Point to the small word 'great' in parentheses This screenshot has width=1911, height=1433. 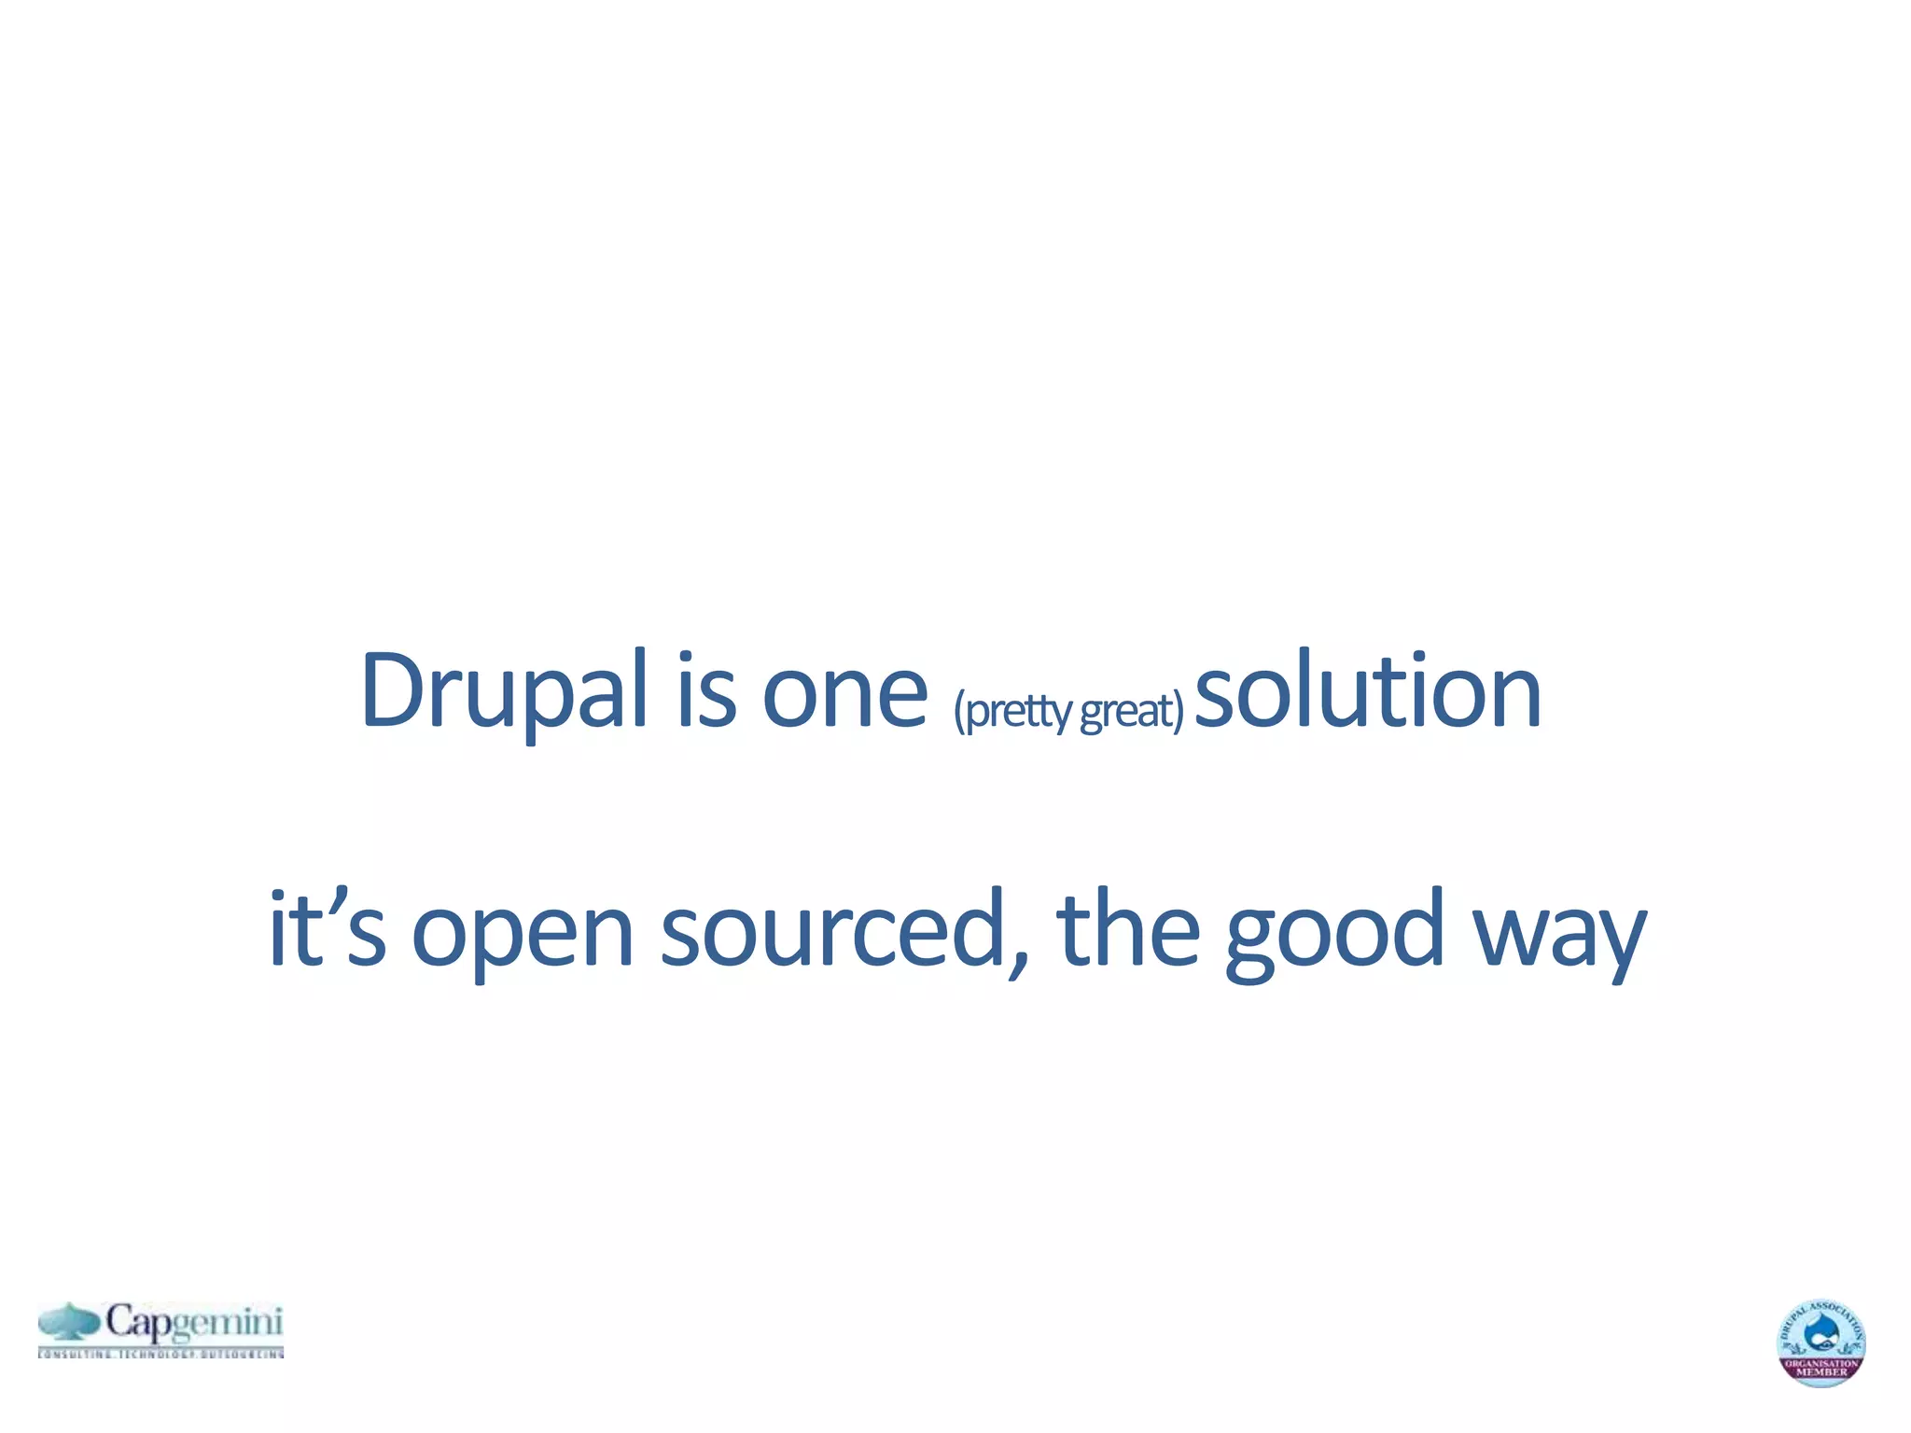pyautogui.click(x=1126, y=711)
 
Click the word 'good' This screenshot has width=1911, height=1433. pyautogui.click(x=1334, y=933)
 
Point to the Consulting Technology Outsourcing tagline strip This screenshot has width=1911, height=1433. pyautogui.click(x=160, y=1353)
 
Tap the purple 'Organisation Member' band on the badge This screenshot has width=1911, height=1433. pyautogui.click(x=1820, y=1368)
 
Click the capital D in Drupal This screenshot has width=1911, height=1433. pyautogui.click(x=389, y=690)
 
